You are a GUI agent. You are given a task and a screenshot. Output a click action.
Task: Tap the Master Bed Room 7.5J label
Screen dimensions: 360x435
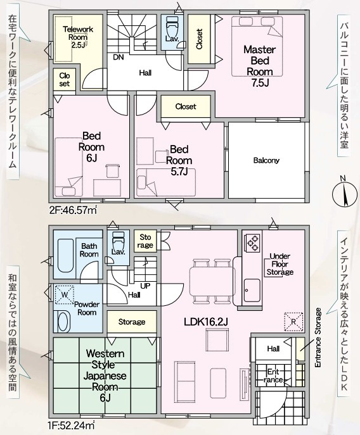[x=260, y=66]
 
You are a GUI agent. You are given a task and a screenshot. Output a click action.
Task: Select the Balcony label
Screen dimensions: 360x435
[x=266, y=160]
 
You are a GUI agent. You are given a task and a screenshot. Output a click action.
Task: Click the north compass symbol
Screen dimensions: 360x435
[x=344, y=192]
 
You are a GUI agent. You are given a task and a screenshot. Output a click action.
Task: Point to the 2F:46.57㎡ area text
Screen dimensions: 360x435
[x=74, y=210]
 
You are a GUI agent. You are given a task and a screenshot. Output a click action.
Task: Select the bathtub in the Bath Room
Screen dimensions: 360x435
[x=65, y=255]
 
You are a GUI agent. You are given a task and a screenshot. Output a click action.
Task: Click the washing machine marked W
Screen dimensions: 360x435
[x=65, y=294]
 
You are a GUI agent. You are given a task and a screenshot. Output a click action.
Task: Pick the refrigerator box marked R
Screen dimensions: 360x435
[x=293, y=322]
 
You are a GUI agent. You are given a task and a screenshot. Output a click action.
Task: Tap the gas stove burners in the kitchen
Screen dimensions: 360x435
[x=252, y=243]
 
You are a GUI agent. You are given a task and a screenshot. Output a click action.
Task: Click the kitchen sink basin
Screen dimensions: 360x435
[x=252, y=291]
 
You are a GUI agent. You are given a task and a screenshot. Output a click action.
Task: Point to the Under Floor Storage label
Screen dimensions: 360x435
[x=280, y=264]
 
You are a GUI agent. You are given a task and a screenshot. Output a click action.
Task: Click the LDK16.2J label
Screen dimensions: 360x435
[x=206, y=322]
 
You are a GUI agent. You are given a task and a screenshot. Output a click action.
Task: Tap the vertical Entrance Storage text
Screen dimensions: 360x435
[x=318, y=338]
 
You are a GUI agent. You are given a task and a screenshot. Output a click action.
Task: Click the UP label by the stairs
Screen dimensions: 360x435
[x=145, y=286]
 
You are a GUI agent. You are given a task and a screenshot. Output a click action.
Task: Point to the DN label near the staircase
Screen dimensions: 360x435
[x=119, y=58]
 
